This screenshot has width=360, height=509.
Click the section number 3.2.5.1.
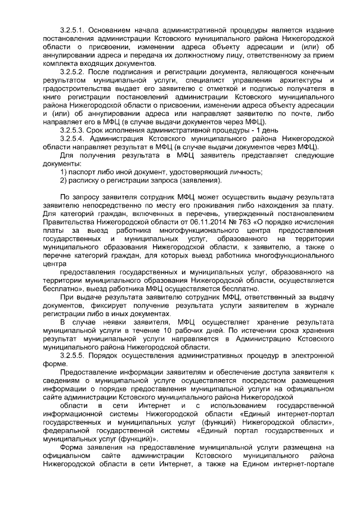coord(71,29)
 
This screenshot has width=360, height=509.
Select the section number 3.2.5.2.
coord(71,74)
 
